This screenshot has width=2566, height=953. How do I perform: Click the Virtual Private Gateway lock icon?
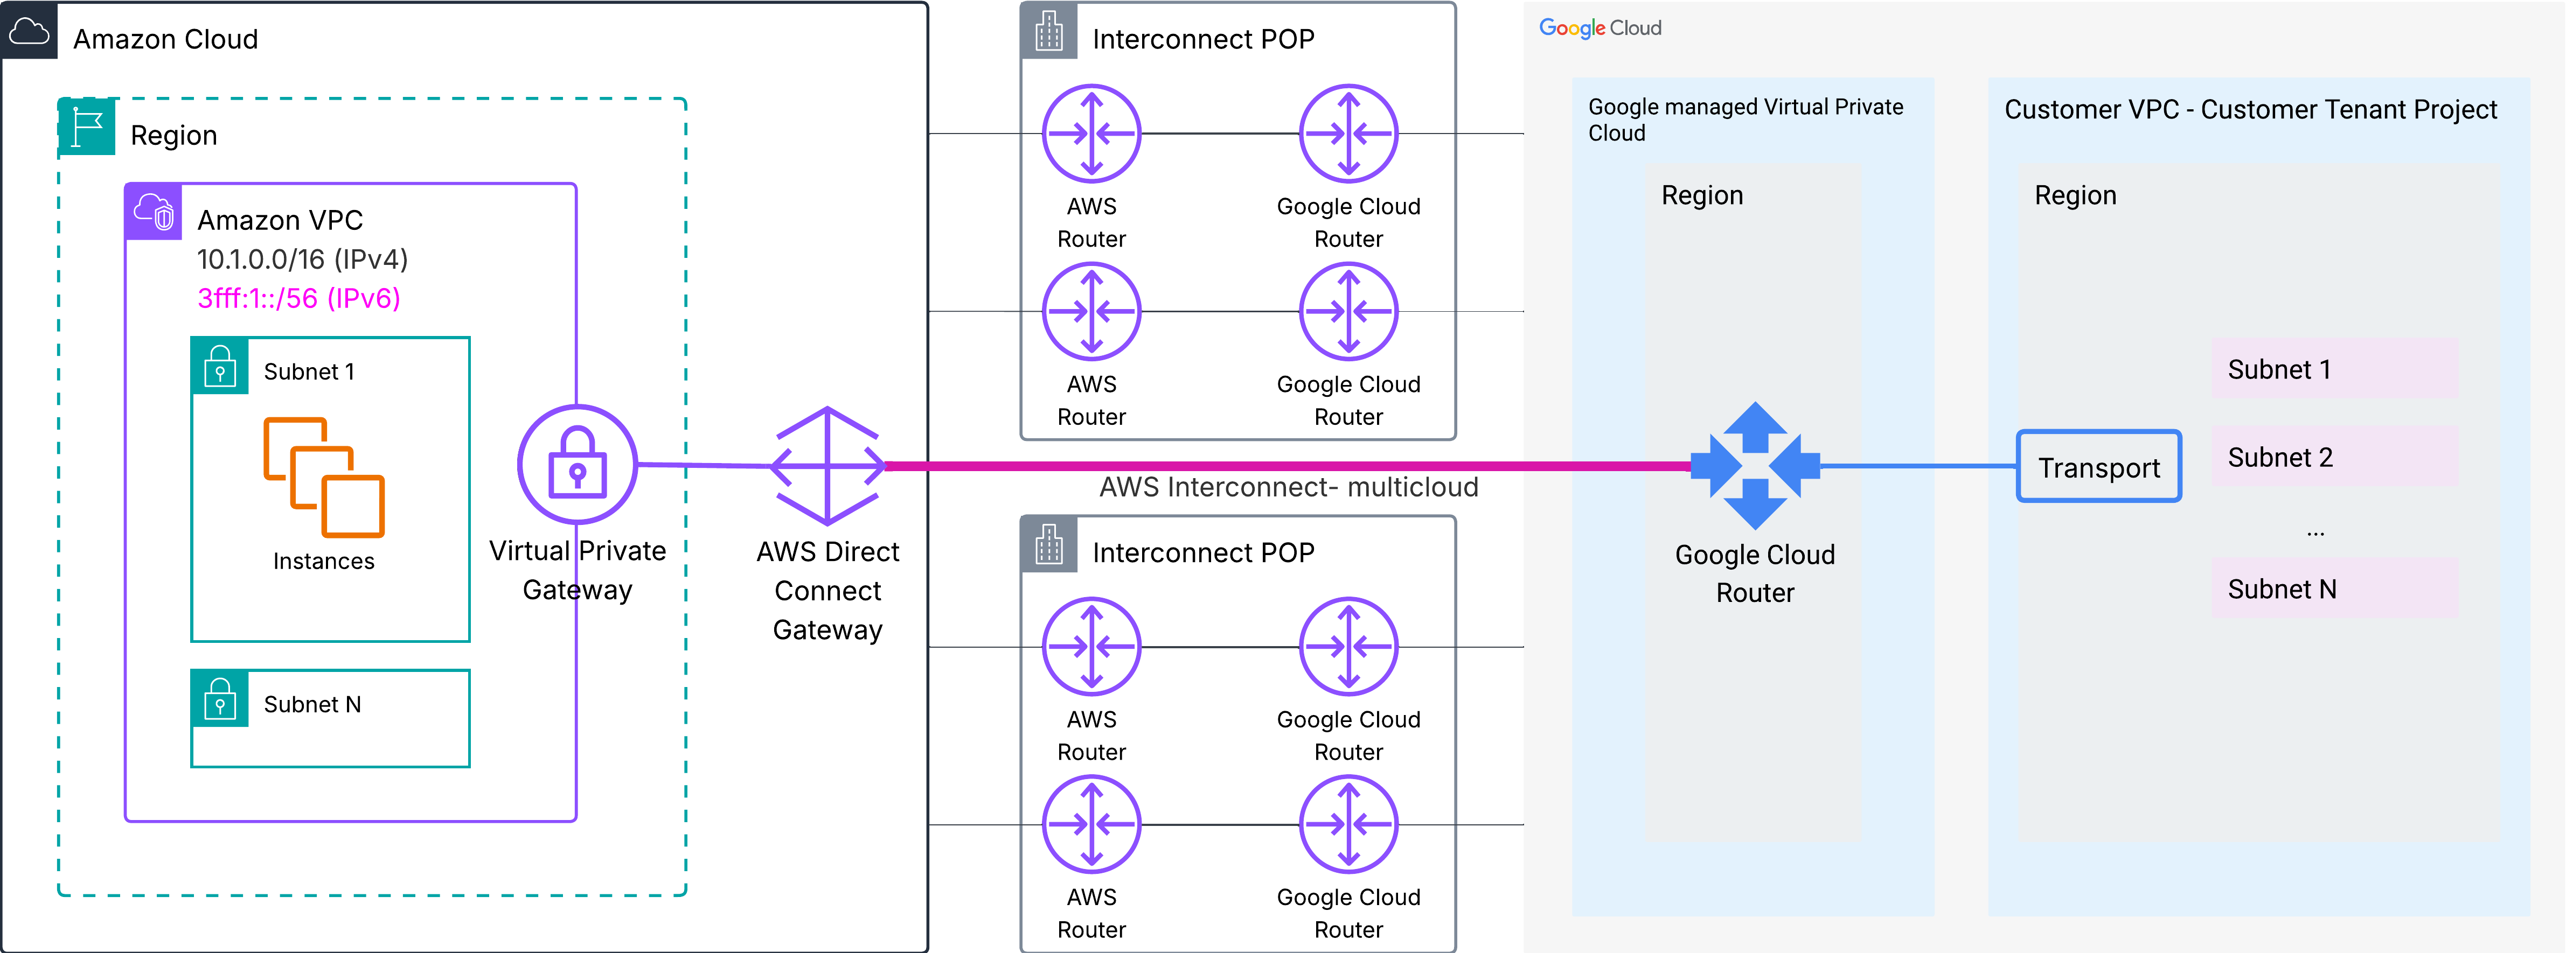click(x=577, y=464)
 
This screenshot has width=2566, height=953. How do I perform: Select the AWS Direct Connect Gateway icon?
click(x=827, y=465)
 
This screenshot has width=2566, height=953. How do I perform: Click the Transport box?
click(x=2098, y=466)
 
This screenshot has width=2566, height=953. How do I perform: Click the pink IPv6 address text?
click(x=299, y=299)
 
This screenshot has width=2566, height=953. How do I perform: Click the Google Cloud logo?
click(x=1600, y=28)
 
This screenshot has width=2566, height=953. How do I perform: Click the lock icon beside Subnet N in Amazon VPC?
click(x=219, y=698)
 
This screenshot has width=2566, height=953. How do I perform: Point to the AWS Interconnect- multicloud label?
click(x=1288, y=487)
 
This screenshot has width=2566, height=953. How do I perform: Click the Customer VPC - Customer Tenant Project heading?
click(x=2250, y=109)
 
